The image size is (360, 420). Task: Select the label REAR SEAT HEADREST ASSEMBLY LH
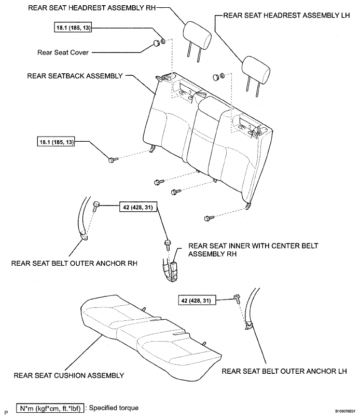(285, 16)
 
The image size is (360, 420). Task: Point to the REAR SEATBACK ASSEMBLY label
(74, 75)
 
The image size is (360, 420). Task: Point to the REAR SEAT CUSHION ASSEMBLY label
(68, 375)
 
